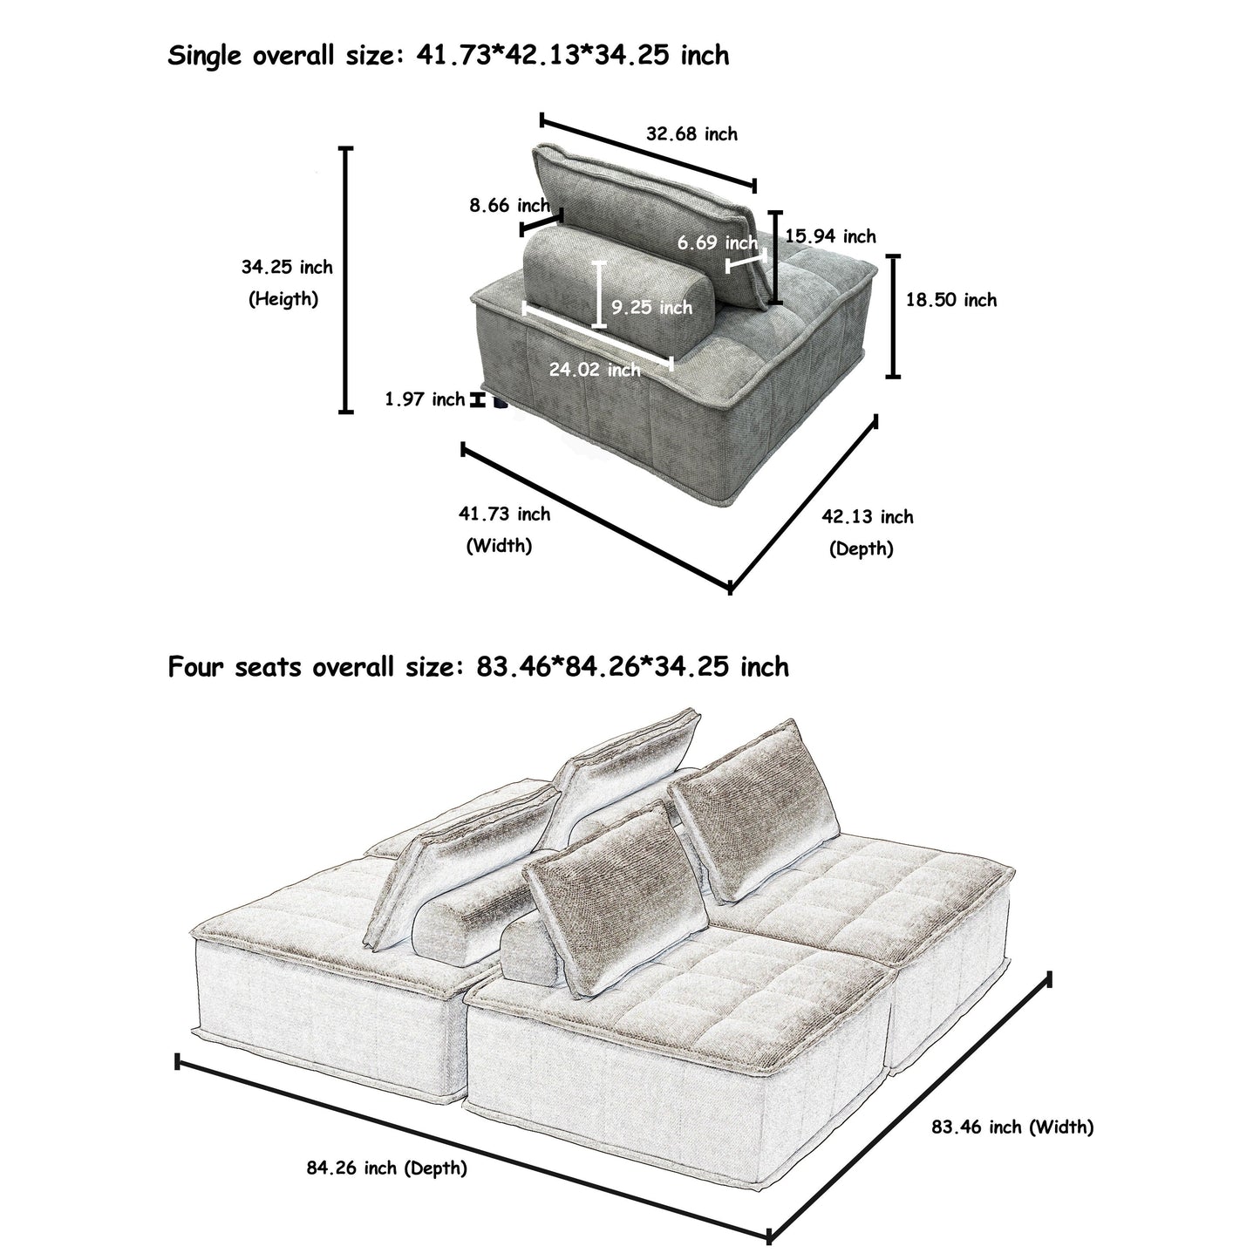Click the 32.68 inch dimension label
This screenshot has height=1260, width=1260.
691,134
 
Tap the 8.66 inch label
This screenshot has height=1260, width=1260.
509,206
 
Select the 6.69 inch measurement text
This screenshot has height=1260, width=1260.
718,242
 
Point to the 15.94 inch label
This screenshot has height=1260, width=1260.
830,236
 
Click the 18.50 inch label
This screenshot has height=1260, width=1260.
950,300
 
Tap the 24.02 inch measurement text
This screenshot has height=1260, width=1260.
595,370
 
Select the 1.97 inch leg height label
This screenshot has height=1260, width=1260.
425,399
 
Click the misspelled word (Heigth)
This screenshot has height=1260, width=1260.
283,299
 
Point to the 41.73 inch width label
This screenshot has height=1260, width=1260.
504,514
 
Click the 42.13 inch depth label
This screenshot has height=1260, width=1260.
867,517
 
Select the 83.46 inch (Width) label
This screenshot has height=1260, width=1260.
1011,1127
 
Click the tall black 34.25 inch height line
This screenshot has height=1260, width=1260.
346,279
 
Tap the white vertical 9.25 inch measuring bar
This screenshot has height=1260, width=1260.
598,294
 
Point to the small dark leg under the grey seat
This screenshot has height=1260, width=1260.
501,402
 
